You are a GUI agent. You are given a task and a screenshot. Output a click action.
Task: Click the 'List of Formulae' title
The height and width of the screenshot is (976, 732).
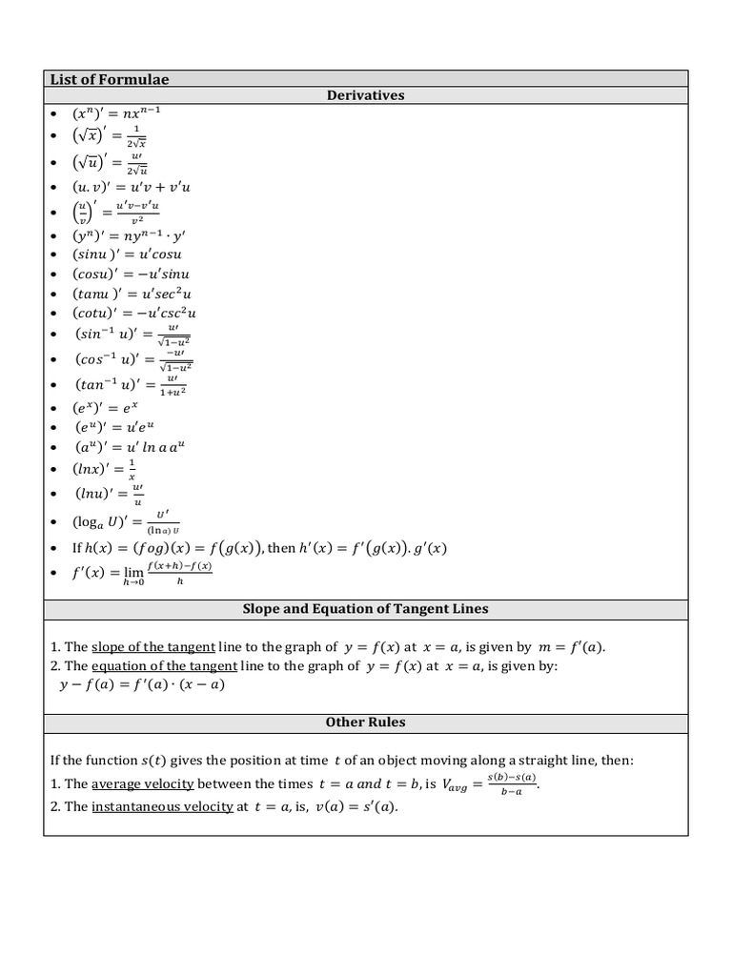[x=110, y=79]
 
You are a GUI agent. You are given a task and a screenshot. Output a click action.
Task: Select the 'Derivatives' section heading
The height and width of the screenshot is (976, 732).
[x=366, y=95]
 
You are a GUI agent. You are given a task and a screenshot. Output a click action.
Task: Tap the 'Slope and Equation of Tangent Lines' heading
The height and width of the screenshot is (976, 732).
[x=366, y=609]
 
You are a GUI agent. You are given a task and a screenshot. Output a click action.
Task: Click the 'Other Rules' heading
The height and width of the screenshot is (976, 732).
[x=366, y=722]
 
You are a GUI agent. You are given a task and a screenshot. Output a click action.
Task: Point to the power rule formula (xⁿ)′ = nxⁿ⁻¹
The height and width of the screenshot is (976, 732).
[x=117, y=113]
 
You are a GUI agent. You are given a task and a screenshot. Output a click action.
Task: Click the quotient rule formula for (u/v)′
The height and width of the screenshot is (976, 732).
[x=116, y=212]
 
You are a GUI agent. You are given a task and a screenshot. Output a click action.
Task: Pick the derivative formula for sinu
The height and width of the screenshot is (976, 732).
[x=127, y=254]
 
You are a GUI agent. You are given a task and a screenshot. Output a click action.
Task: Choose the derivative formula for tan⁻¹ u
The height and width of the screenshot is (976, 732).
[x=131, y=384]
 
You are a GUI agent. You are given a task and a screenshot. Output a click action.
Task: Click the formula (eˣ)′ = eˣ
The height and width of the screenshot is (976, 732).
[x=109, y=408]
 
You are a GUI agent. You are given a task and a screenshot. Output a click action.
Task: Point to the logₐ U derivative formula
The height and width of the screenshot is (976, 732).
[x=127, y=521]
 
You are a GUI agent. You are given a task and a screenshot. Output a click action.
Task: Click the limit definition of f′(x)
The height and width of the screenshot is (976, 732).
[x=142, y=573]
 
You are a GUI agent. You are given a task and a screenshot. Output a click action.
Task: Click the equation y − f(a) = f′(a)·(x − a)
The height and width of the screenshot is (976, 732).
[x=142, y=684]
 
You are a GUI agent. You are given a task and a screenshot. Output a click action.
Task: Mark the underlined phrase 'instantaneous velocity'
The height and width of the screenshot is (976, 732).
[x=162, y=806]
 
